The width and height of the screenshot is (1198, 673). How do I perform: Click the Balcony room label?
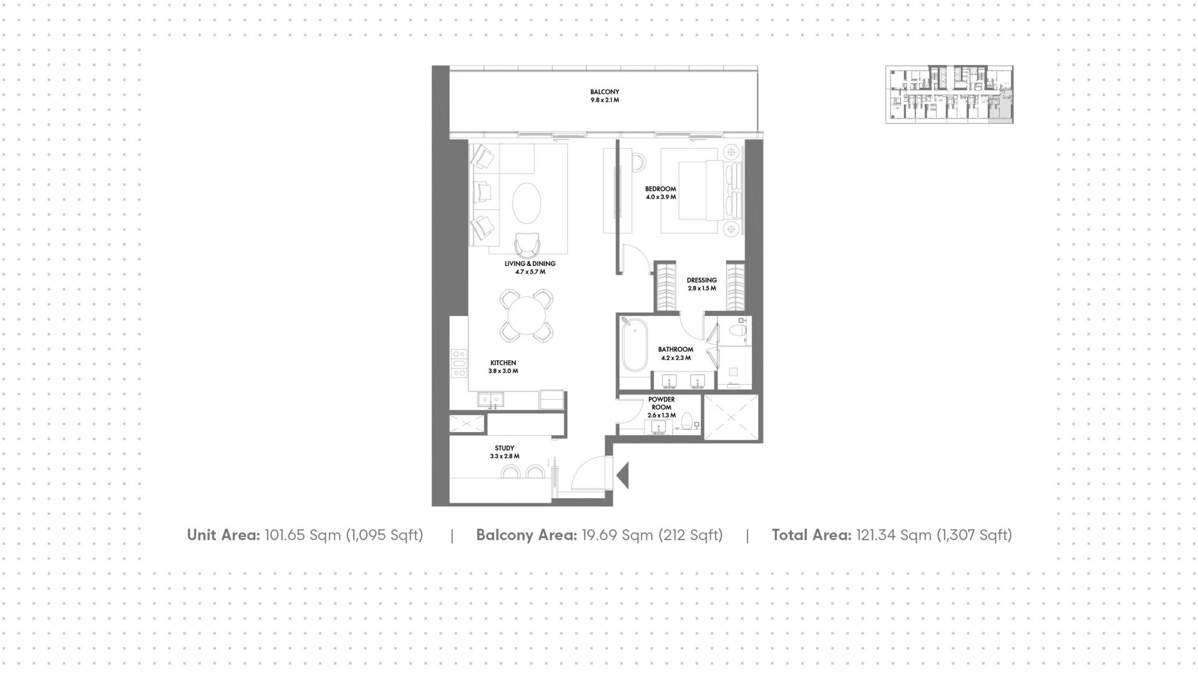(605, 96)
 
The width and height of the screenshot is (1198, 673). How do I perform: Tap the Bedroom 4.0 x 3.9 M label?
(661, 193)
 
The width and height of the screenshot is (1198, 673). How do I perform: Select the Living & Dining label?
(530, 268)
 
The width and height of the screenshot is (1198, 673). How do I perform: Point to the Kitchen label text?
(503, 366)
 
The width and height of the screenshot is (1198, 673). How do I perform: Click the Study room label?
(505, 452)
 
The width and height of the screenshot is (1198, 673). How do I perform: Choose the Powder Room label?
(661, 407)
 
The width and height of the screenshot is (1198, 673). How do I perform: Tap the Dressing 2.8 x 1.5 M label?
(702, 284)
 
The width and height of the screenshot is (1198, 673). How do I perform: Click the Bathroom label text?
(676, 353)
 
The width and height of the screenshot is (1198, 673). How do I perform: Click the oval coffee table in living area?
(528, 203)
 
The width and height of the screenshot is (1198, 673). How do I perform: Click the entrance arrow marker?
(622, 476)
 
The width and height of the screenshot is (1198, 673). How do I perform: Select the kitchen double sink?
(490, 400)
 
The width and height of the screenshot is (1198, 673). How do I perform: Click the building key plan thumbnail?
(949, 94)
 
